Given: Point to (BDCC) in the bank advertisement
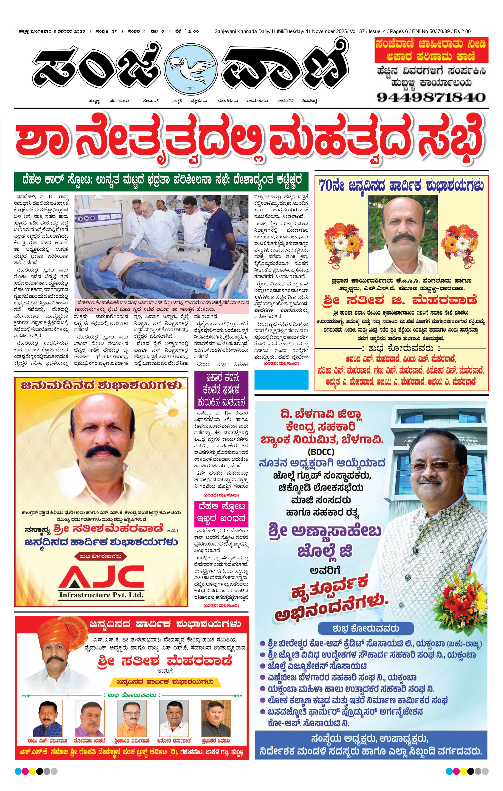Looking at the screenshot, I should (321, 452).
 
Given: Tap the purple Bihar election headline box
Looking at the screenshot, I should (221, 390).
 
